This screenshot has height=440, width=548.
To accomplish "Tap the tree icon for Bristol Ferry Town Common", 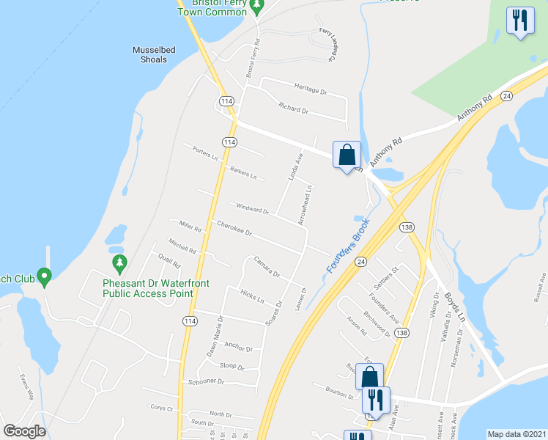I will tap(256, 7).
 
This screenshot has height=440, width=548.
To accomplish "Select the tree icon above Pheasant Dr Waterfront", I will tap(119, 262).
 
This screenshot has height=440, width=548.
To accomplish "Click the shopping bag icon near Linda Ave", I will tap(347, 155).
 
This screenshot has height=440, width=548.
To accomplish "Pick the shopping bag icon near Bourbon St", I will tap(369, 377).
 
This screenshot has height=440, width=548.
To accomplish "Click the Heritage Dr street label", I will tap(310, 89).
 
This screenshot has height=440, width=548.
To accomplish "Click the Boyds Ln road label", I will tap(455, 307).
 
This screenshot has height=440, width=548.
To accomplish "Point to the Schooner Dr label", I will tap(206, 382).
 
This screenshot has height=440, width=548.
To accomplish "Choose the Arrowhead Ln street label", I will tap(305, 204).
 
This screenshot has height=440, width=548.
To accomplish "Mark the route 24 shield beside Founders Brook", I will tap(361, 261).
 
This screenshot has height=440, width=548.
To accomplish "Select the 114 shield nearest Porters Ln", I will tap(230, 142).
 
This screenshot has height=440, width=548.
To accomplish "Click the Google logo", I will tap(24, 431).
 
